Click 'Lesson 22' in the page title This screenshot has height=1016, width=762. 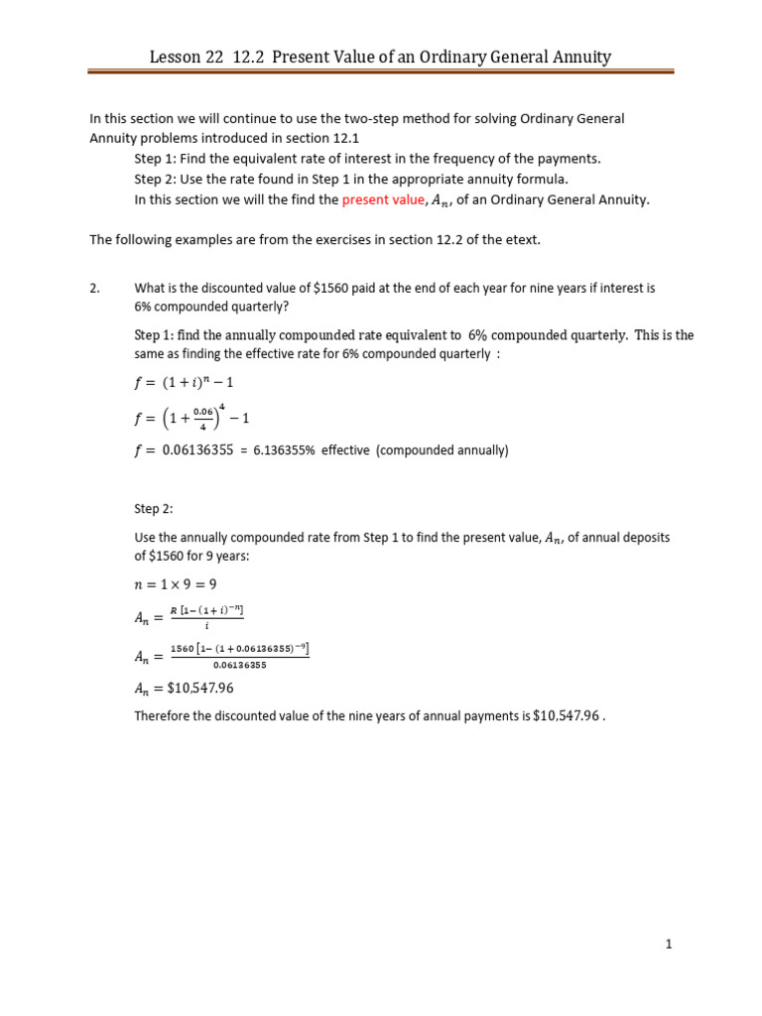click(186, 57)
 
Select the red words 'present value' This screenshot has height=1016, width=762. click(382, 199)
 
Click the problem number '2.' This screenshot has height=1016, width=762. click(95, 288)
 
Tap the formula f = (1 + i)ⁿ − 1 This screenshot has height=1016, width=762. click(190, 383)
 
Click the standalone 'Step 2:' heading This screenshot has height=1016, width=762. click(154, 509)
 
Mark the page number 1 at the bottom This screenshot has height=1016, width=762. click(669, 945)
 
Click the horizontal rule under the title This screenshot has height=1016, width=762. click(380, 72)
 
